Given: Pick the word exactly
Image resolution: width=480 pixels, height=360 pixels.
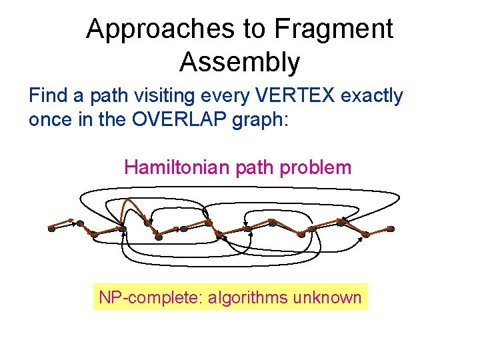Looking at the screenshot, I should point(372,96).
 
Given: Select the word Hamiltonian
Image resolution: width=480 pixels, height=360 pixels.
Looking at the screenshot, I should point(178,167).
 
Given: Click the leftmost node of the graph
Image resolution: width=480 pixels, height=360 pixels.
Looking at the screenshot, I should point(51,229).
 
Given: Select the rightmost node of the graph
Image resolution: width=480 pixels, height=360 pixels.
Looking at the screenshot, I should point(391,229).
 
